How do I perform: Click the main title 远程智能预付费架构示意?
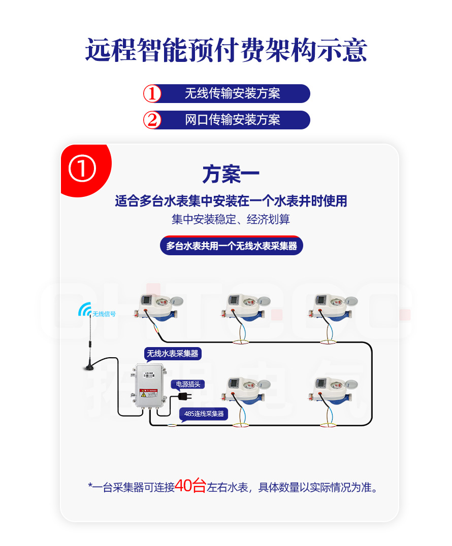[x=226, y=50]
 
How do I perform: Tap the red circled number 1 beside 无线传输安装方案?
[x=152, y=94]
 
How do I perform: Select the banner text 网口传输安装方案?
[x=233, y=120]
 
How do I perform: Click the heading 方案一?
[x=231, y=174]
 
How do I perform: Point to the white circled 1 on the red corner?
[x=82, y=168]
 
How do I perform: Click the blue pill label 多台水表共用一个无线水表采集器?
[x=232, y=246]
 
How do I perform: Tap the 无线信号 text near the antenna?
[x=104, y=314]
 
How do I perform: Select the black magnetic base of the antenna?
[x=89, y=367]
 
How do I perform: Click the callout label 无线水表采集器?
[x=173, y=354]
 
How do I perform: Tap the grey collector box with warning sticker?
[x=149, y=386]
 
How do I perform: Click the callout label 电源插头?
[x=188, y=384]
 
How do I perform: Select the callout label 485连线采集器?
[x=204, y=414]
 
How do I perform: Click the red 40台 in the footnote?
[x=190, y=486]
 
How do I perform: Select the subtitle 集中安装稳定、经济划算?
[x=231, y=219]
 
